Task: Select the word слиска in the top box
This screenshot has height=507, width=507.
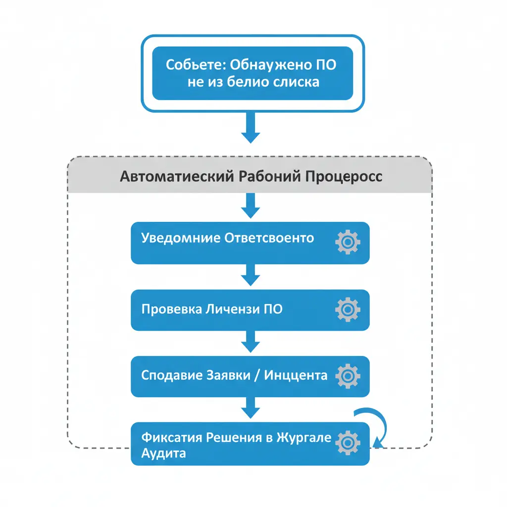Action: pyautogui.click(x=297, y=82)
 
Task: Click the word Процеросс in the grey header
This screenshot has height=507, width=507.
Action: pyautogui.click(x=347, y=177)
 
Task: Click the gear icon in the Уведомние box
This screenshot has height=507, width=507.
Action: pyautogui.click(x=348, y=242)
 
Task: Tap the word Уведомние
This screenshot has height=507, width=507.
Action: pyautogui.click(x=181, y=238)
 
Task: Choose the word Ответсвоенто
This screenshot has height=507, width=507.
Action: pyautogui.click(x=269, y=238)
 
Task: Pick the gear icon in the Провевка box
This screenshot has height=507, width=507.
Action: pyautogui.click(x=348, y=309)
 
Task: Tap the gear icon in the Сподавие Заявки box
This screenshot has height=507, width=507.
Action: pyautogui.click(x=348, y=376)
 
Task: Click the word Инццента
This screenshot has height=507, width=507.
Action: pyautogui.click(x=296, y=375)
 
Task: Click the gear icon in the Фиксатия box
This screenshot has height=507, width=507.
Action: pyautogui.click(x=348, y=443)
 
